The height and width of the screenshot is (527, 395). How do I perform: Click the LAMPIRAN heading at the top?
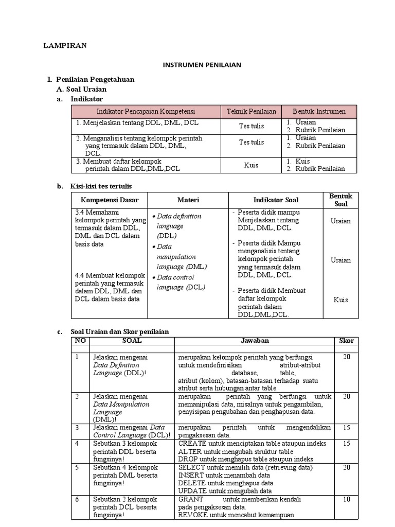coord(64,46)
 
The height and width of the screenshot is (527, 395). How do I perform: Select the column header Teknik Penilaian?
coord(251,111)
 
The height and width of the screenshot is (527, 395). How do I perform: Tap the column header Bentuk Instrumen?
coord(319,111)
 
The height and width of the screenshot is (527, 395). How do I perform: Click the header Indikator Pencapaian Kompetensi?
coord(146,111)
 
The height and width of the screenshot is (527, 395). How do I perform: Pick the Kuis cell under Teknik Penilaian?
coord(251,165)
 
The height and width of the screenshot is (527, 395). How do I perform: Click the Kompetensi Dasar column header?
coord(110,200)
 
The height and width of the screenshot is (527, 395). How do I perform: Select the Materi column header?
coord(188,200)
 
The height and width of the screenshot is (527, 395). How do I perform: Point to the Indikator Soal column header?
coord(276,200)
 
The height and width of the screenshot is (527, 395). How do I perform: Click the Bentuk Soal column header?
coord(340,200)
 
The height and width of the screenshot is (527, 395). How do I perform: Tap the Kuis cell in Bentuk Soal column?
coord(340,300)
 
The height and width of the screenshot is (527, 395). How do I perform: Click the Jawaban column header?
coord(255,341)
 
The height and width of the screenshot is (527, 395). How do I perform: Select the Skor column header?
coord(346,341)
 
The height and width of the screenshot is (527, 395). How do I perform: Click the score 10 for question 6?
coord(346,499)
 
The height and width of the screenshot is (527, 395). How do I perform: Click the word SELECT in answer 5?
coord(191,467)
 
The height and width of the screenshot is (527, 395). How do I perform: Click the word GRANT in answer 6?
coord(190,499)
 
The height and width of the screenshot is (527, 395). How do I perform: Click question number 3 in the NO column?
coord(77,427)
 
